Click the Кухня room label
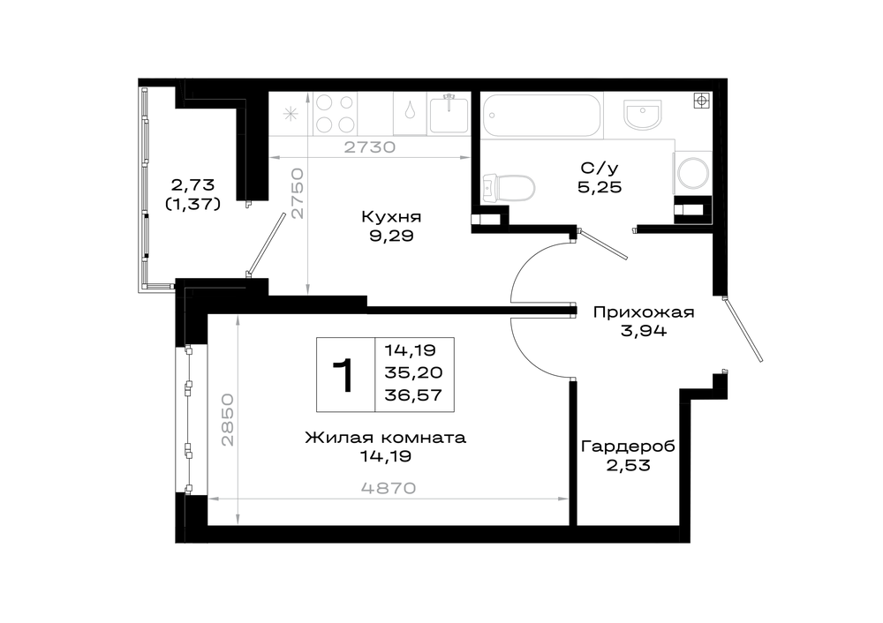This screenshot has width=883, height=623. click(x=391, y=217)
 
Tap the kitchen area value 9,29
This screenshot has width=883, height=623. click(x=391, y=236)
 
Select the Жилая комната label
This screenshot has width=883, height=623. click(x=386, y=438)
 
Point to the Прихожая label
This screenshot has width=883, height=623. click(x=644, y=312)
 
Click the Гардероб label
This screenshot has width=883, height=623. click(x=628, y=447)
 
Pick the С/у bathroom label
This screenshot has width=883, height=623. click(x=600, y=168)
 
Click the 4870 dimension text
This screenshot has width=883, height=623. click(x=389, y=488)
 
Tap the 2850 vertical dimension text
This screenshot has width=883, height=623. click(x=227, y=420)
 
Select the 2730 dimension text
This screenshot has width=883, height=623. click(x=370, y=147)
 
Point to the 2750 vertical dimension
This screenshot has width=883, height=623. click(x=298, y=193)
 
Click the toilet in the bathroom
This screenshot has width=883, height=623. click(x=509, y=188)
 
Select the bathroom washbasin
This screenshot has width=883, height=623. click(x=642, y=115)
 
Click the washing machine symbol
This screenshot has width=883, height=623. click(x=692, y=172)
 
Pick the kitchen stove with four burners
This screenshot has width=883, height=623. click(x=335, y=114)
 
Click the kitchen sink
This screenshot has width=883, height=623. click(x=449, y=114)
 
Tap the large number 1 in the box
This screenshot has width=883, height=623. click(x=343, y=375)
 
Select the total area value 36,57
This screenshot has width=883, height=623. click(x=413, y=395)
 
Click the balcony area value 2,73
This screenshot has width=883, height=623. click(x=193, y=184)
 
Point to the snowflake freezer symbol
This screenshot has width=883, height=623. click(x=291, y=115)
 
